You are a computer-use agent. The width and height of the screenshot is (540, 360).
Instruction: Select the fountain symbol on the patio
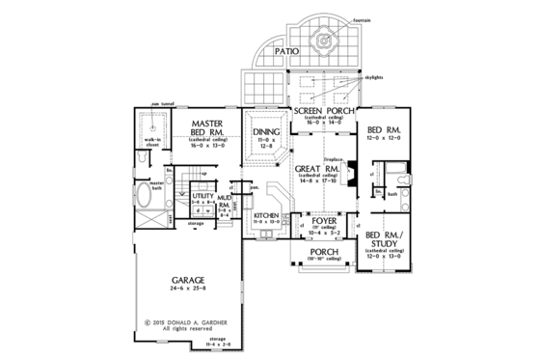(323, 43)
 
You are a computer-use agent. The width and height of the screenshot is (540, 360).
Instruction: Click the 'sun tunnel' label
(159, 109)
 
